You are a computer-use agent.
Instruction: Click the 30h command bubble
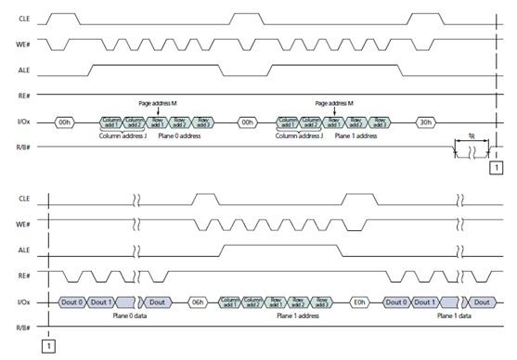click(x=426, y=122)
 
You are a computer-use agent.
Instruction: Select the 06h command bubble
click(x=197, y=302)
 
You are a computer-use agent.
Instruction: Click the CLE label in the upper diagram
click(x=25, y=18)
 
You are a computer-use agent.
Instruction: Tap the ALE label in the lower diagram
click(x=25, y=249)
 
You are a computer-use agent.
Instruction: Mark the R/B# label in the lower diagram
click(x=25, y=328)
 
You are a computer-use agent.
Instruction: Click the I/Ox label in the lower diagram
click(x=25, y=302)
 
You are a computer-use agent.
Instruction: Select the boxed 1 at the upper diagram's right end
click(x=496, y=168)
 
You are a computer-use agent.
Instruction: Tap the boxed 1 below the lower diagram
click(x=47, y=346)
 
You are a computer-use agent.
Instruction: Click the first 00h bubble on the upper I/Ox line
click(x=64, y=122)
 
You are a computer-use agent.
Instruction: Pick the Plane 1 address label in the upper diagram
click(x=354, y=135)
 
